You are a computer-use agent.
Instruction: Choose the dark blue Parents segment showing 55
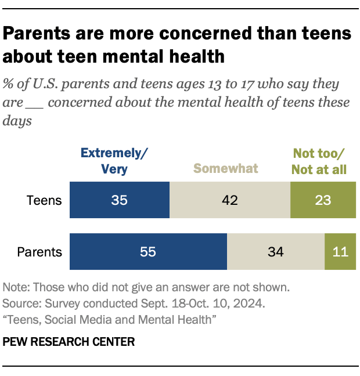(148, 252)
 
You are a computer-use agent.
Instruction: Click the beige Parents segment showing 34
(275, 252)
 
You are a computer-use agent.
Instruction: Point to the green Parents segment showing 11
(340, 252)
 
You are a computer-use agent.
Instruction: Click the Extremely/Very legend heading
(114, 161)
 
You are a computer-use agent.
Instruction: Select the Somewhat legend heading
(225, 169)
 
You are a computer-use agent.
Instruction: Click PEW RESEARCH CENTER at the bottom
(69, 342)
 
